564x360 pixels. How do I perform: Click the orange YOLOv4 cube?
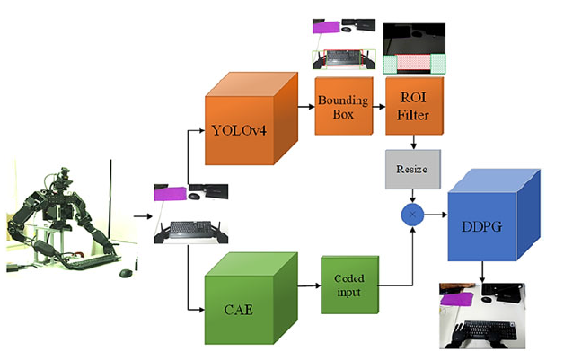(x=242, y=129)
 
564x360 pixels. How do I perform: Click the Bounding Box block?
(x=338, y=106)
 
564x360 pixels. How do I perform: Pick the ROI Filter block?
(x=411, y=106)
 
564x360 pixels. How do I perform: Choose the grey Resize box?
(x=412, y=169)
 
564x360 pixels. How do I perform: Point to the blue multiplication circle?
(x=412, y=215)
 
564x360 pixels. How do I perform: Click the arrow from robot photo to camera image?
(x=141, y=215)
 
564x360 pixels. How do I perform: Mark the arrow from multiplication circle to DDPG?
(x=435, y=215)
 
